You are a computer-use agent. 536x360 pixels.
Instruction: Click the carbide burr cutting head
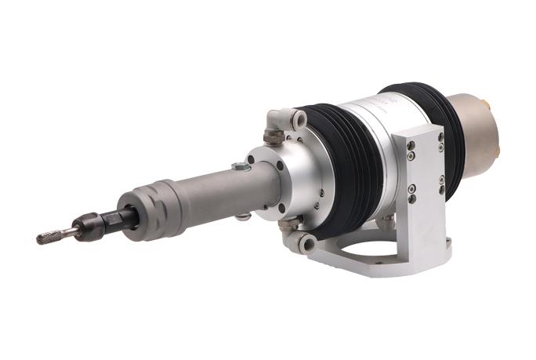pyautogui.click(x=49, y=237)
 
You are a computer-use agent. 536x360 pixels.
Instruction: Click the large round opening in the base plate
pyautogui.click(x=368, y=253)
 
